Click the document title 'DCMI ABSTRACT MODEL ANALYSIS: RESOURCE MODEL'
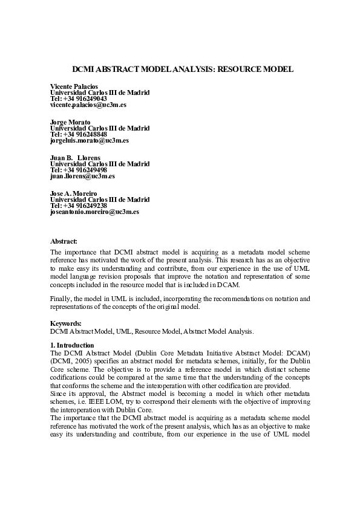[179, 70]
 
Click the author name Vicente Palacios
[74, 87]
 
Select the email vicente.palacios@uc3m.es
[88, 105]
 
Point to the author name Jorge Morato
[70, 123]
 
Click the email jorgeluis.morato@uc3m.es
[89, 140]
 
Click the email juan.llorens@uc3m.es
[82, 176]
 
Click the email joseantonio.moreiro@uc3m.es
[94, 212]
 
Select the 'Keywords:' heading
[65, 325]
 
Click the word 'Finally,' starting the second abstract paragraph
[61, 299]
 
